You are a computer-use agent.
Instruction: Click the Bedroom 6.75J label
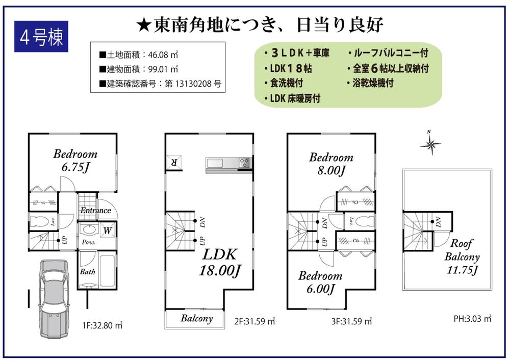(75, 160)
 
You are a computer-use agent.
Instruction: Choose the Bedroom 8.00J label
(331, 164)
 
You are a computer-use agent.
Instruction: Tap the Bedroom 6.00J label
(320, 282)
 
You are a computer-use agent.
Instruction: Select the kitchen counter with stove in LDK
(229, 163)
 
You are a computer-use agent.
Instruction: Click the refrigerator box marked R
(173, 162)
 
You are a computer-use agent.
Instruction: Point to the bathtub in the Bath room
(106, 271)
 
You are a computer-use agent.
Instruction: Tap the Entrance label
(95, 210)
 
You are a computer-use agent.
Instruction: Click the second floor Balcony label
(196, 319)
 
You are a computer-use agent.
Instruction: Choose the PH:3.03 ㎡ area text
(472, 319)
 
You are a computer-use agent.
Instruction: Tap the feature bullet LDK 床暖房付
(292, 99)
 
